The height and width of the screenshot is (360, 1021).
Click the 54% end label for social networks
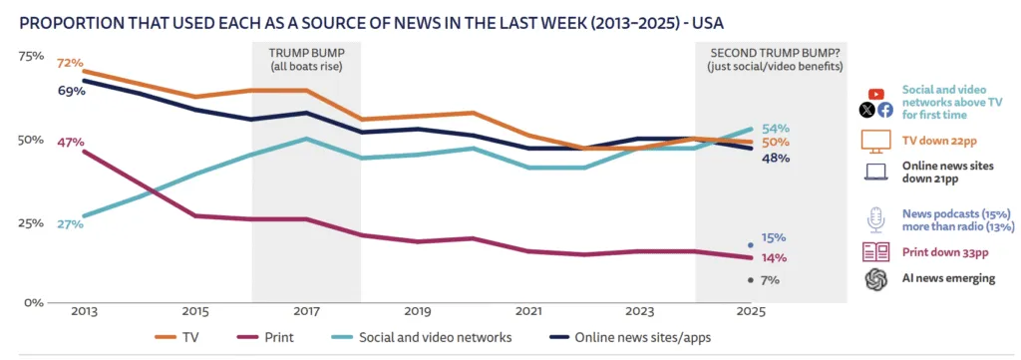(775, 128)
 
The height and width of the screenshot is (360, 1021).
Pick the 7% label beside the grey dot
(769, 280)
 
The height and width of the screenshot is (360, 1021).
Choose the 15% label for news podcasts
(775, 237)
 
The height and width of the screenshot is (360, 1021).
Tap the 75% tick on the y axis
(32, 56)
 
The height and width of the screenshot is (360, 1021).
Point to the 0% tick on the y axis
(36, 302)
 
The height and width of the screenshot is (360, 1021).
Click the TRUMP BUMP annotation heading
(306, 52)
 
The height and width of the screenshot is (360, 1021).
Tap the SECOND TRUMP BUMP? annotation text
(772, 52)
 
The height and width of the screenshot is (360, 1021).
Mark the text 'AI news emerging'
(948, 278)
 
